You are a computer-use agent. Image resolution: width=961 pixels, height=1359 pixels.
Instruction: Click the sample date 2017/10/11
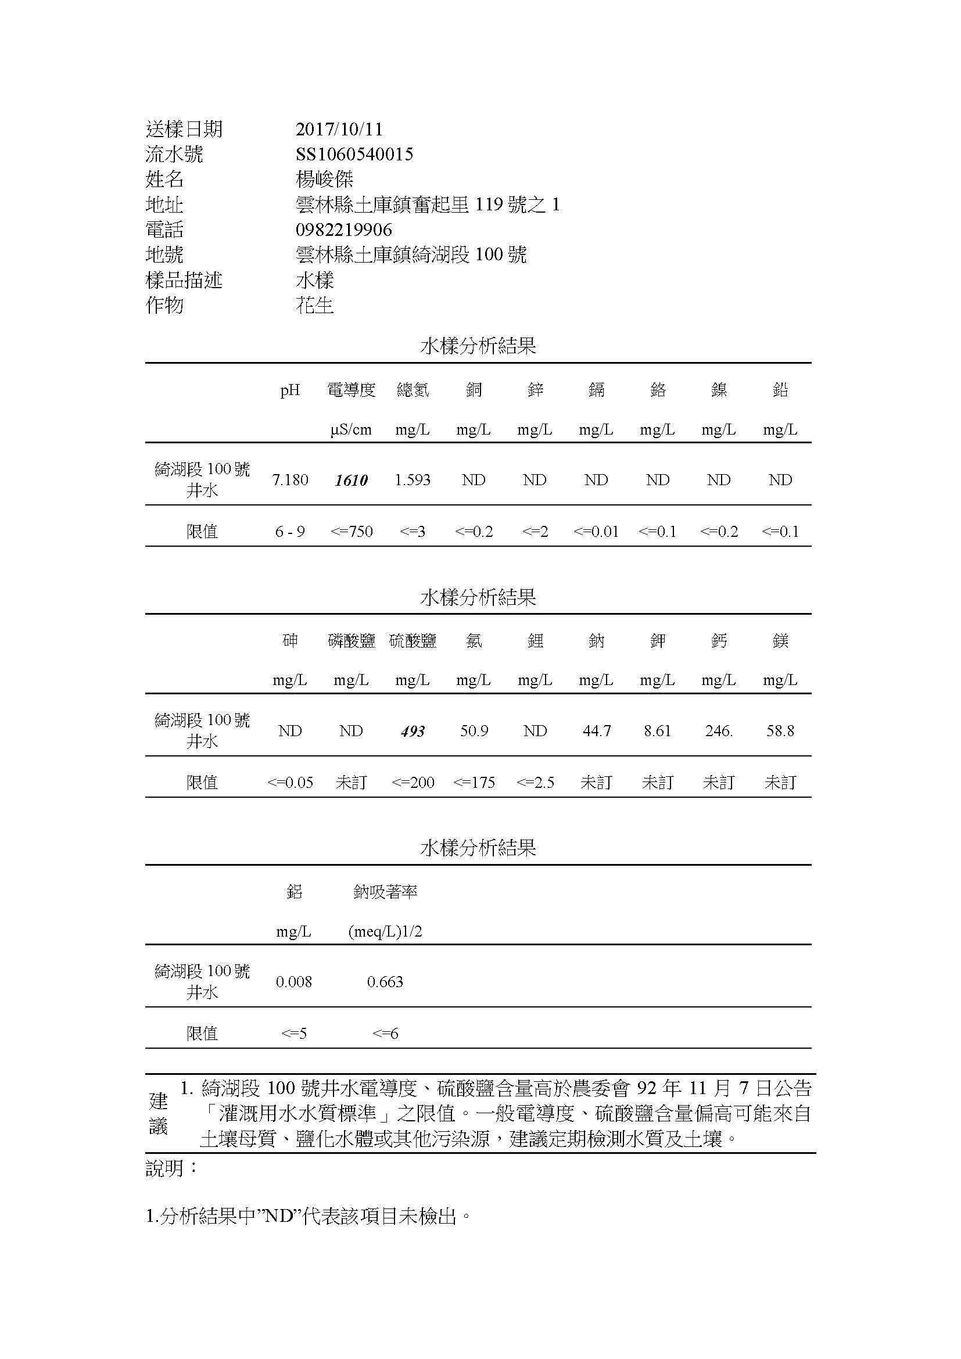coord(339,129)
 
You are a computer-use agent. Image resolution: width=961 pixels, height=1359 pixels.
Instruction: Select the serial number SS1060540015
coord(354,155)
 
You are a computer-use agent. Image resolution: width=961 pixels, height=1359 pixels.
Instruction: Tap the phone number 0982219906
coord(343,230)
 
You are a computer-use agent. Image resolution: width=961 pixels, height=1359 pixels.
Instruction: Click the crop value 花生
coord(315,306)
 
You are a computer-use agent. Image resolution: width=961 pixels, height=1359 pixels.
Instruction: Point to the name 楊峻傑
coord(324,180)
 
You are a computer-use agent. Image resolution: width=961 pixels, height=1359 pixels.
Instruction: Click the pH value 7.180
coord(290,479)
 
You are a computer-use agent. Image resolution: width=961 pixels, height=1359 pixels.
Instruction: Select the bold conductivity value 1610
coord(352,480)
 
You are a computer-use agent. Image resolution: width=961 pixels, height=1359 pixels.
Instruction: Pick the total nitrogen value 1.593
coord(413,479)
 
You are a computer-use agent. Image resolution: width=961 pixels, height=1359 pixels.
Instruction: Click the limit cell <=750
coord(352,532)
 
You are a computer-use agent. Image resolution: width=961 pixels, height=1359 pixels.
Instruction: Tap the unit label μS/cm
coord(352,430)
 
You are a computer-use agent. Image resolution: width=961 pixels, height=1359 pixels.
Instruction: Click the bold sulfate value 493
coord(413,732)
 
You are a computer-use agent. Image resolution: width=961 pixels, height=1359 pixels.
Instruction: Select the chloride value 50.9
coord(474,731)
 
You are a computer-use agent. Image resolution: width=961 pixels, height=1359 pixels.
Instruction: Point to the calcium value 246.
coord(719,731)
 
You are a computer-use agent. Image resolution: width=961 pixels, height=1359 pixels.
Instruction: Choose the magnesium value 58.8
coord(780,731)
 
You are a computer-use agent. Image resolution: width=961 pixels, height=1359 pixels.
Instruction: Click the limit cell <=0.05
coord(290,783)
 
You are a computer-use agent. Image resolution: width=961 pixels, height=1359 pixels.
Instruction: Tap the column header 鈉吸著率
coord(385,892)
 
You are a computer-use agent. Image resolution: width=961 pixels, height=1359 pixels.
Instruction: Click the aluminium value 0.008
coord(293,982)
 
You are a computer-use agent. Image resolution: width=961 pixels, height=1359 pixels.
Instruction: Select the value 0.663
coord(385,982)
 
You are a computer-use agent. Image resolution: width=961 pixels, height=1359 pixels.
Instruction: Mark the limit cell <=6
coord(385,1034)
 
